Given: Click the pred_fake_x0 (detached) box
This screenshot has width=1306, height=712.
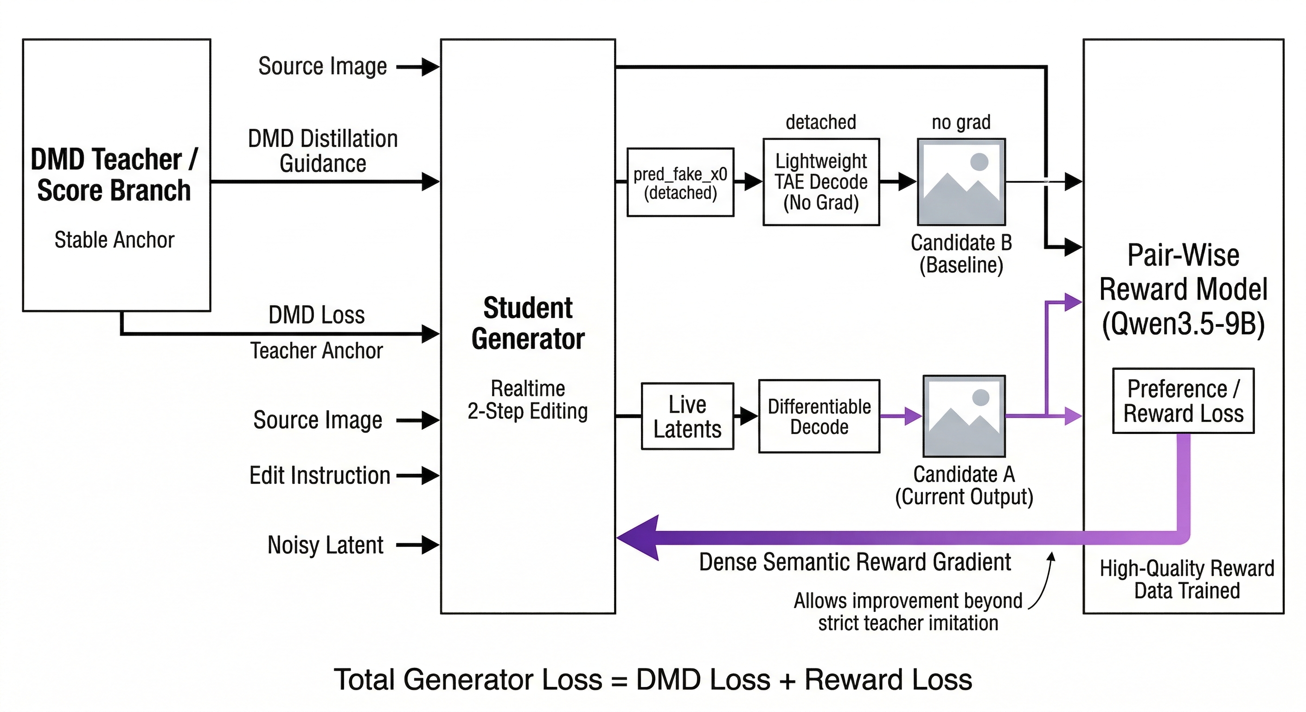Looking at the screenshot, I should pyautogui.click(x=680, y=183).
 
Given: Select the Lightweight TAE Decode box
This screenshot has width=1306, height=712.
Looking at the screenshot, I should pyautogui.click(x=821, y=182).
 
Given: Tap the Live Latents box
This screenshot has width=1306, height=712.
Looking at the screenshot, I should pyautogui.click(x=687, y=417).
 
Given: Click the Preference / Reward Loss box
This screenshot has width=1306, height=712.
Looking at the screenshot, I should pyautogui.click(x=1183, y=401).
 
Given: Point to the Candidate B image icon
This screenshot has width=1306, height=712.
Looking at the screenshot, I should pyautogui.click(x=961, y=182).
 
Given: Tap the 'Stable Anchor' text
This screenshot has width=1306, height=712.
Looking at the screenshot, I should pyautogui.click(x=114, y=240).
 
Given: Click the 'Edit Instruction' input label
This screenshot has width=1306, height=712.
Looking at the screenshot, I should pyautogui.click(x=320, y=475).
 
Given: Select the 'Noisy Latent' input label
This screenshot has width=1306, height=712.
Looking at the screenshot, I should pyautogui.click(x=325, y=545).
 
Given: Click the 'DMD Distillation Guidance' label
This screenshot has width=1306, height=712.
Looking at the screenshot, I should pyautogui.click(x=322, y=151).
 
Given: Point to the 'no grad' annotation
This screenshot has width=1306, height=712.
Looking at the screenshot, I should pyautogui.click(x=961, y=122).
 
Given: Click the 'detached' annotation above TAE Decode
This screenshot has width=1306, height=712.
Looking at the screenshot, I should pyautogui.click(x=820, y=122).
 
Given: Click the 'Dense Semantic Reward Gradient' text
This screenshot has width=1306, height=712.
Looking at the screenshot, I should pyautogui.click(x=855, y=562).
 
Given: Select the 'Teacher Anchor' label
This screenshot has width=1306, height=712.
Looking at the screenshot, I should pyautogui.click(x=316, y=351).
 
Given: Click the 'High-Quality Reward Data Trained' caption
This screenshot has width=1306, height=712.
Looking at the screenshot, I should pyautogui.click(x=1186, y=580).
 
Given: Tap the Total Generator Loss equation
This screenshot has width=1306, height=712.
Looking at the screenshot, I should pyautogui.click(x=653, y=680).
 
